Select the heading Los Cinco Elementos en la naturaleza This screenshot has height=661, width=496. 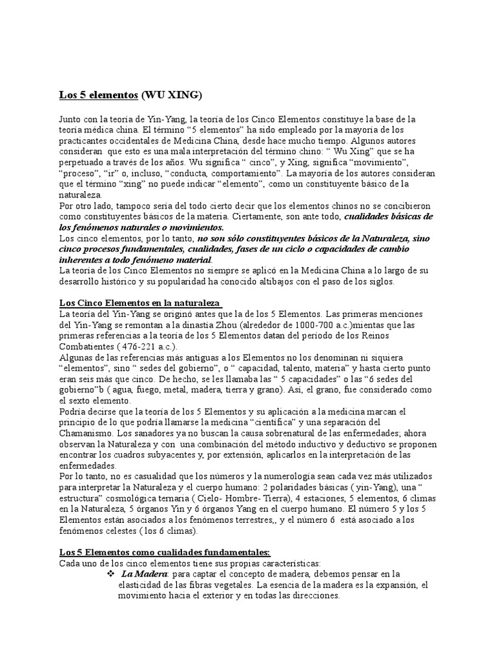tap(141, 303)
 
